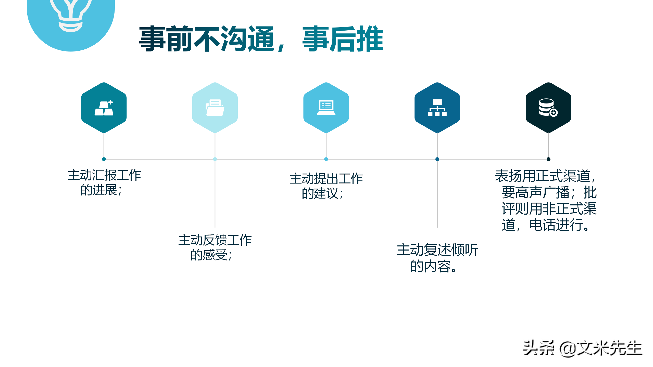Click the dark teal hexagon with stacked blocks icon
click(104, 108)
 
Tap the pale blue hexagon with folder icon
click(215, 108)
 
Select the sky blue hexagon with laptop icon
click(326, 108)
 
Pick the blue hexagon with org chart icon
click(437, 108)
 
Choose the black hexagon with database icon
click(548, 108)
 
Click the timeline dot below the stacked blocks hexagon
click(104, 159)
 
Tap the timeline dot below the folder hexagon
click(215, 159)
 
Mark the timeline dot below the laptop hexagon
click(326, 159)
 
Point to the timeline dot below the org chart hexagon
click(437, 159)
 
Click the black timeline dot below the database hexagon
click(548, 159)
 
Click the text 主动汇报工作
click(104, 175)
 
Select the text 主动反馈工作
click(215, 240)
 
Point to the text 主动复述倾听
click(437, 250)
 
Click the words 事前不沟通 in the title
click(207, 39)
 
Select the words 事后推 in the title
click(343, 39)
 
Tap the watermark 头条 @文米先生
click(582, 348)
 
